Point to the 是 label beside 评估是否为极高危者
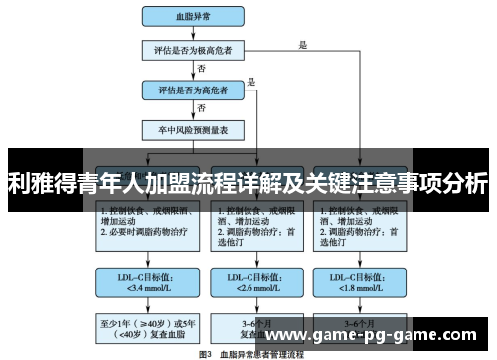pos(303,43)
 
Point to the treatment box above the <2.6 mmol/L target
pos(251,224)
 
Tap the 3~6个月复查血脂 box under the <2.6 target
pos(251,328)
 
